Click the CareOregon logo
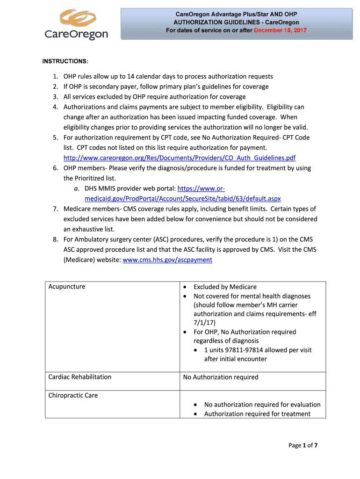click(x=76, y=25)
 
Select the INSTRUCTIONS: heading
click(x=65, y=62)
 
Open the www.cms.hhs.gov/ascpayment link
click(x=167, y=260)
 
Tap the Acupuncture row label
click(x=67, y=287)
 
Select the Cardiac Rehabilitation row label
click(x=80, y=377)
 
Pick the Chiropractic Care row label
click(x=73, y=395)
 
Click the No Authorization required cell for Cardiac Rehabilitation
click(x=225, y=377)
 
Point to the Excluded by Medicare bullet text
click(x=225, y=287)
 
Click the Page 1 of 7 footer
click(x=302, y=445)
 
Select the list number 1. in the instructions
click(x=55, y=76)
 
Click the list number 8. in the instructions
click(x=55, y=239)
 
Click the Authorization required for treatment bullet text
click(x=257, y=414)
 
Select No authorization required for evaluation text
click(x=262, y=405)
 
